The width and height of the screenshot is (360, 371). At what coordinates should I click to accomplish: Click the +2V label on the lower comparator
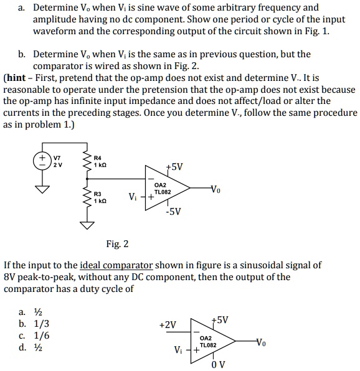click(x=168, y=324)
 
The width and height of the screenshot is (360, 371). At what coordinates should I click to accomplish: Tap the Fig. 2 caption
click(x=117, y=243)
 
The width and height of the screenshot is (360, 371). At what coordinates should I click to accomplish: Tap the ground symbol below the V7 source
click(x=44, y=187)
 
